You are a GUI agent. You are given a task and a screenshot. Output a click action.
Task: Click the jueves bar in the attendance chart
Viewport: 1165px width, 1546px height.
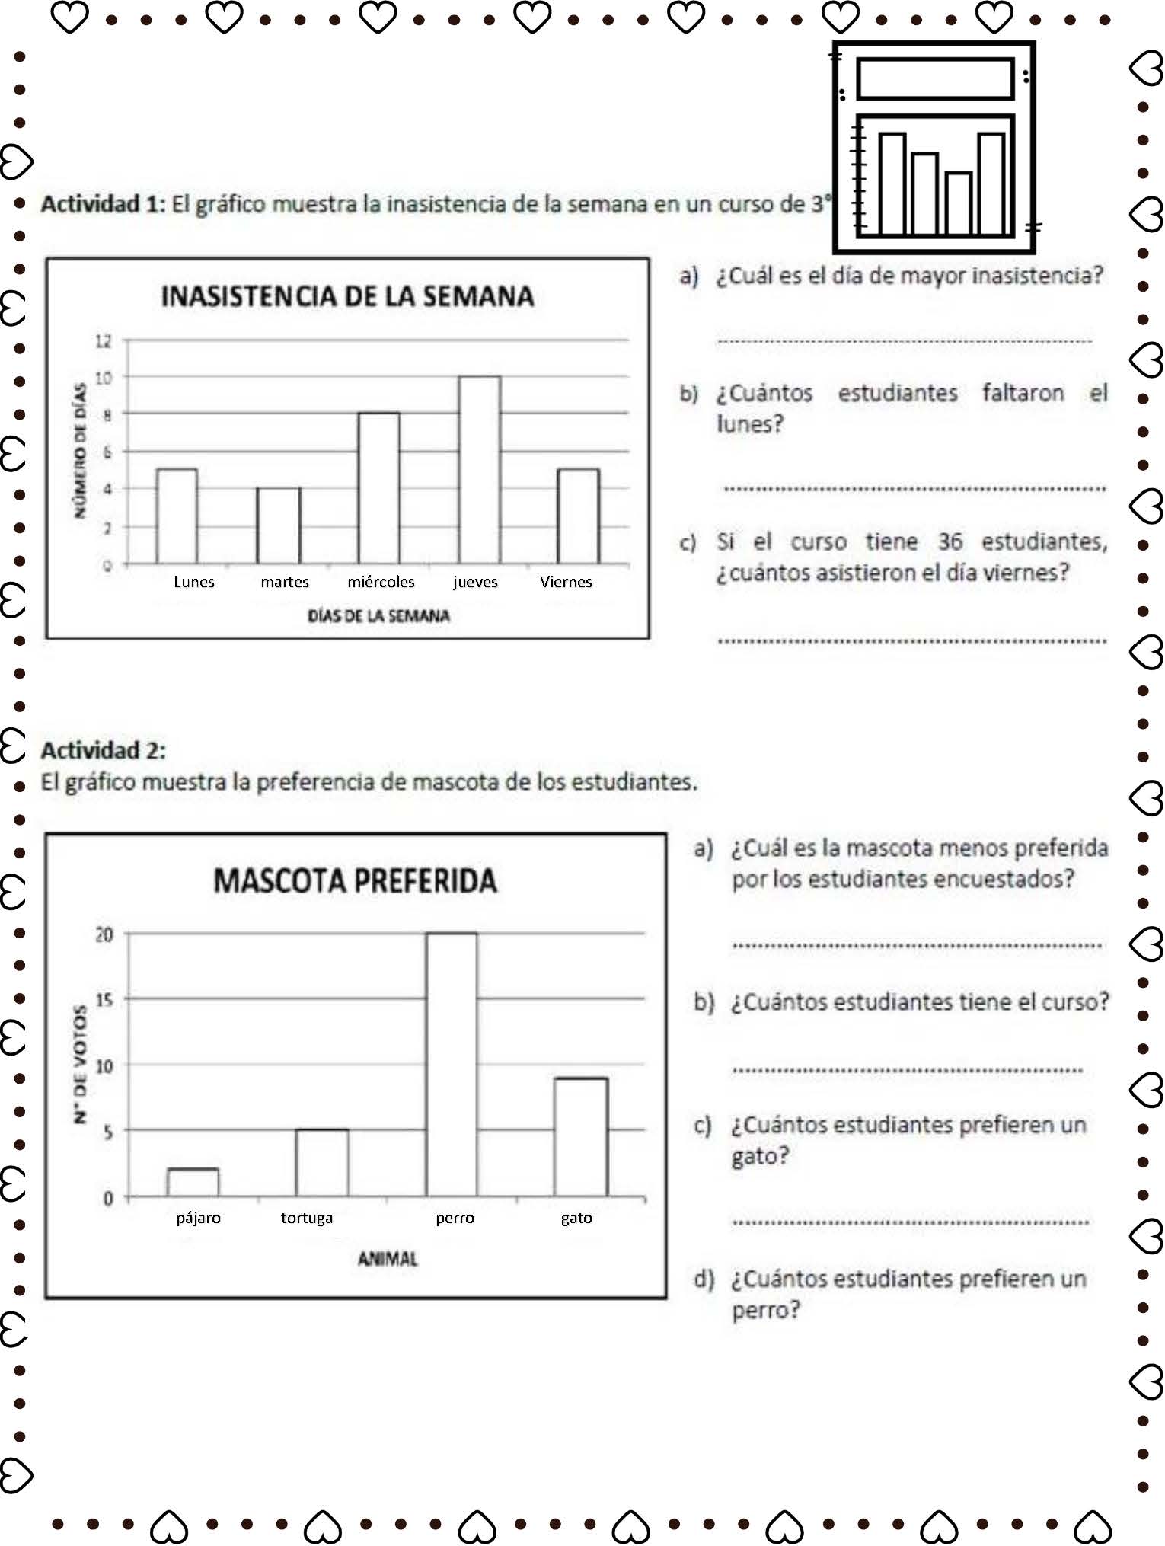tap(480, 470)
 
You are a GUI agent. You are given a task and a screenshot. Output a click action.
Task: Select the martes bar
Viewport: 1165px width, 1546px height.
tap(279, 525)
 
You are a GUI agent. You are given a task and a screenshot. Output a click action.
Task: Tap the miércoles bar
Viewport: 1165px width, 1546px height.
tap(379, 488)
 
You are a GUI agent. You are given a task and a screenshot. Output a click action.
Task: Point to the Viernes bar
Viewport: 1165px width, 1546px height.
tap(579, 516)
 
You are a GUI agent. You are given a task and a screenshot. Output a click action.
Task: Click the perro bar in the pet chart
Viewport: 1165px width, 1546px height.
tap(452, 1065)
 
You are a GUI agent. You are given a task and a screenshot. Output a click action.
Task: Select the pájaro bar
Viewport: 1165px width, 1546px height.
tap(193, 1183)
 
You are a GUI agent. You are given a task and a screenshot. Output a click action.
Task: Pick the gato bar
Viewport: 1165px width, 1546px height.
tap(581, 1137)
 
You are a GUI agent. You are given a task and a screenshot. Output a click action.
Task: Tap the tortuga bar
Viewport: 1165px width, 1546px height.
tap(322, 1163)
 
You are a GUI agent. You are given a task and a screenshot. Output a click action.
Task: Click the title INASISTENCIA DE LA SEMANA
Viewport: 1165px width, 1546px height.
tap(347, 296)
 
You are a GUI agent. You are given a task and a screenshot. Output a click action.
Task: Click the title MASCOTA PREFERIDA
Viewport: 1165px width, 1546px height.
tap(355, 881)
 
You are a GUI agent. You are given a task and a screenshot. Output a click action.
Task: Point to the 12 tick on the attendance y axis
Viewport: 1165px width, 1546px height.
tap(104, 340)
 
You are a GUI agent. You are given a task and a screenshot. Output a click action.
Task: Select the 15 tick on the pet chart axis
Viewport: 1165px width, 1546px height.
tap(104, 999)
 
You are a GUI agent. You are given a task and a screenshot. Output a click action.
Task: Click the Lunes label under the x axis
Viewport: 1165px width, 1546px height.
tap(194, 582)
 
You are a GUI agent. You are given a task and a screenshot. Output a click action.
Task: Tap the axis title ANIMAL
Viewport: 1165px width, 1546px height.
tap(388, 1259)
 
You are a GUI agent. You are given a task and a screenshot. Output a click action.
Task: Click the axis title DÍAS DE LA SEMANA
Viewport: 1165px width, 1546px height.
tap(378, 615)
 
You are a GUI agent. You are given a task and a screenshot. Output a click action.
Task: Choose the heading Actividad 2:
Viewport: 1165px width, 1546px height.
tap(103, 750)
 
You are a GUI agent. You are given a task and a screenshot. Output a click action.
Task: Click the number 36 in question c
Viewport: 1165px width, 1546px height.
tap(950, 541)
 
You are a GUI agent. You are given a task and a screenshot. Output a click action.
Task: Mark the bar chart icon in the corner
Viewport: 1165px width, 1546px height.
tap(935, 147)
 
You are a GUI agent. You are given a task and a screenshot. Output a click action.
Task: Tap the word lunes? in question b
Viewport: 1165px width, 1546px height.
tap(749, 424)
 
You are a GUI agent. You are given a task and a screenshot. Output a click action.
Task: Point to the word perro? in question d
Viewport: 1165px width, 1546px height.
tap(765, 1310)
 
